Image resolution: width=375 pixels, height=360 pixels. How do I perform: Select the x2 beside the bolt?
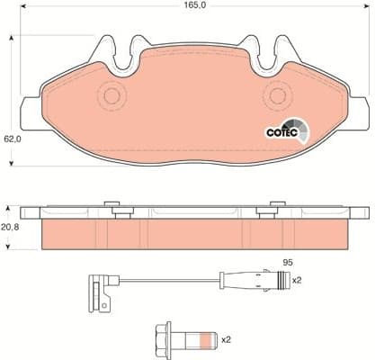tap(226, 339)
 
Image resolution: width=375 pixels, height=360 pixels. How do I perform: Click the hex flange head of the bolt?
tap(164, 339)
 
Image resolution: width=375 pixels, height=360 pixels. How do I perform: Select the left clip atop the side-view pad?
tap(113, 208)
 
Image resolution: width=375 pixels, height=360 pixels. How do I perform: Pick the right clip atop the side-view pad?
tap(266, 208)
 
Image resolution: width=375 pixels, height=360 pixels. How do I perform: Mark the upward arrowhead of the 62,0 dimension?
tap(11, 40)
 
